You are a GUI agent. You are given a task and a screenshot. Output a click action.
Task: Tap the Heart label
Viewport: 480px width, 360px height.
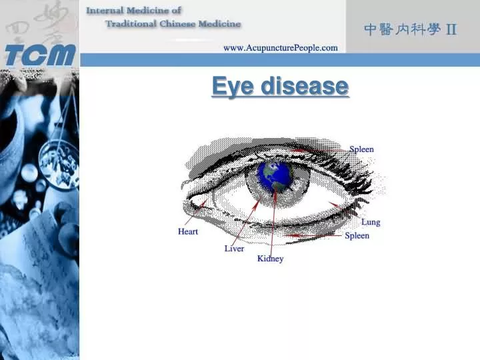tap(188, 232)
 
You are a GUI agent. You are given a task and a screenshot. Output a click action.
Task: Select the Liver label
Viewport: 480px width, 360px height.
tap(234, 249)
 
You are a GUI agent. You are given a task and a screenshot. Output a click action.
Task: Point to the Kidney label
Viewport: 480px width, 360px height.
tap(271, 259)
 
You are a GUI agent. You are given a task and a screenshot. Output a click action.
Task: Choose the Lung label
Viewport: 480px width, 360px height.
tap(371, 222)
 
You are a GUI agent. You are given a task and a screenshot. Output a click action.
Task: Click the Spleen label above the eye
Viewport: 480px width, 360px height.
tap(361, 149)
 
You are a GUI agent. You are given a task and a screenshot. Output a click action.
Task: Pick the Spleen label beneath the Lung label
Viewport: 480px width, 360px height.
tap(357, 236)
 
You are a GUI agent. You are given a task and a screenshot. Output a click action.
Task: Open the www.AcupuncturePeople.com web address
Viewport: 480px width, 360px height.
tap(280, 48)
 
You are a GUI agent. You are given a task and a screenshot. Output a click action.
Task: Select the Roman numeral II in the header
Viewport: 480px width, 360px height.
tap(451, 29)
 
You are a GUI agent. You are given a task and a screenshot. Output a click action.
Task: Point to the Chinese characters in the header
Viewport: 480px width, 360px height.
tap(402, 29)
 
